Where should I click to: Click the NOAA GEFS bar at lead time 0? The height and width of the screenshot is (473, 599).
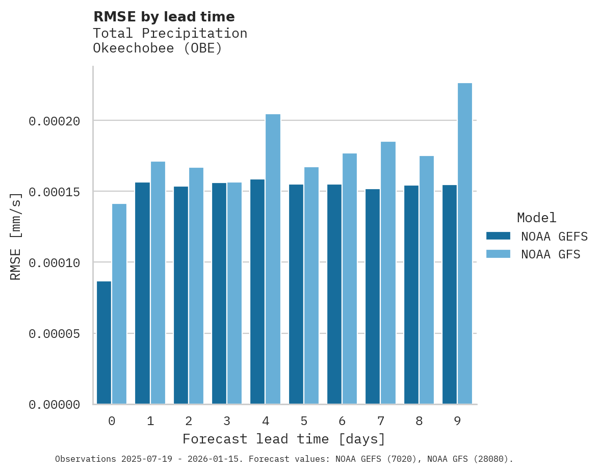coord(104,343)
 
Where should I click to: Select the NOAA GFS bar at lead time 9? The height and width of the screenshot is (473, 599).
coord(465,244)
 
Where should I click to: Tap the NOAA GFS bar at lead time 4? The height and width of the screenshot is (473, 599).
coord(273,259)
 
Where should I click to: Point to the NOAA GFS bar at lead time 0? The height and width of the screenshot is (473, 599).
coord(119,304)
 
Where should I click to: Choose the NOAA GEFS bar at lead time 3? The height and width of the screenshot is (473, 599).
coord(219,294)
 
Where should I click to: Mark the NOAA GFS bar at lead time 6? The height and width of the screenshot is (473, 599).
coord(350,279)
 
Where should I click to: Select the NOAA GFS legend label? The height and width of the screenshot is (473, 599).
coord(551,254)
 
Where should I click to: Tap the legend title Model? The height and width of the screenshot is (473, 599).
coord(536,218)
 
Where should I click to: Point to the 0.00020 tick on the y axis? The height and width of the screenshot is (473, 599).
coord(55,121)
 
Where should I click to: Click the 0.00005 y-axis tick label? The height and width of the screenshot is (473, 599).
coord(55,334)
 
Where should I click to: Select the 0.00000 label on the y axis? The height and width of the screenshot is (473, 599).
coord(55,405)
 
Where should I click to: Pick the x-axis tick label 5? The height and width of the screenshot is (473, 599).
coord(304,422)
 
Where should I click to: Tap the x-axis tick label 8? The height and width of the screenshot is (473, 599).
coord(419,422)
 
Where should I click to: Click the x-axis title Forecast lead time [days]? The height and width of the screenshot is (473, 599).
coord(284,439)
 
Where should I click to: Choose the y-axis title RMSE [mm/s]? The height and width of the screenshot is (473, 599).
coord(16,236)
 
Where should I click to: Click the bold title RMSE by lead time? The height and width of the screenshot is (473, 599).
coord(164,17)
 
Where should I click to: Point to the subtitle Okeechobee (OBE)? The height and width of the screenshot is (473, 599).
coord(158,49)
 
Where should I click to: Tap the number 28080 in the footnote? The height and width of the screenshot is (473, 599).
coord(492,459)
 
